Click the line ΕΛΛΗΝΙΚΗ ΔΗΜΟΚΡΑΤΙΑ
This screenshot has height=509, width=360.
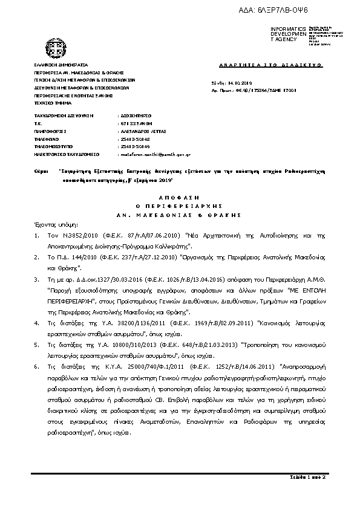61,64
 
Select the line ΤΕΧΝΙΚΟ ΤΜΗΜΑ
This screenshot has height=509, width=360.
51,103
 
